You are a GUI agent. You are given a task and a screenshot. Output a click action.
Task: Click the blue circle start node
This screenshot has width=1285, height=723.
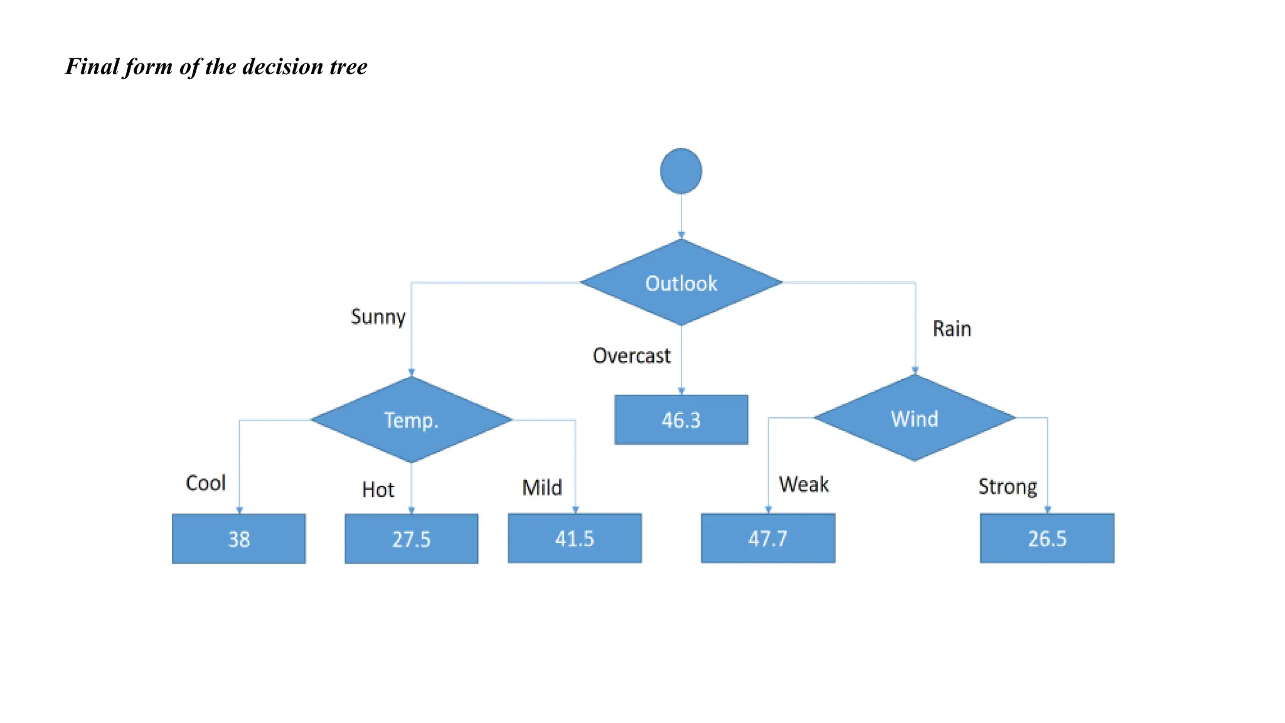point(681,171)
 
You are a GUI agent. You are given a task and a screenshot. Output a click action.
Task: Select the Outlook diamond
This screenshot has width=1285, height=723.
point(681,283)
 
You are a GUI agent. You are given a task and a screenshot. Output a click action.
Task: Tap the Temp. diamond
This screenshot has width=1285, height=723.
point(411,420)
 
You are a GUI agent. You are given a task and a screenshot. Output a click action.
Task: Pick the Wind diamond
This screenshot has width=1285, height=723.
point(914,418)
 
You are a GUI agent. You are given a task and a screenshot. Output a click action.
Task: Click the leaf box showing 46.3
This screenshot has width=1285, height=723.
point(681,420)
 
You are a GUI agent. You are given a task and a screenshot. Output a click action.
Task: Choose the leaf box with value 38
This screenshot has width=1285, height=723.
point(238,539)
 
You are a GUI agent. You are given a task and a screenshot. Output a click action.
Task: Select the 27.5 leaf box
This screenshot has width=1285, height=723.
point(411,539)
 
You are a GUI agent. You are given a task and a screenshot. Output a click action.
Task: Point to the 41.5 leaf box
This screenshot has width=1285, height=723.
point(574,538)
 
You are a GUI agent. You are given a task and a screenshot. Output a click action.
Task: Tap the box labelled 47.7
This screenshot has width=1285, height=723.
point(767,538)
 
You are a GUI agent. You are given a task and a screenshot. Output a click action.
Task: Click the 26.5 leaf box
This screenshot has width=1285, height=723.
point(1047,538)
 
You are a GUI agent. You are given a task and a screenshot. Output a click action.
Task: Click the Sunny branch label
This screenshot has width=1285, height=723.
point(378,317)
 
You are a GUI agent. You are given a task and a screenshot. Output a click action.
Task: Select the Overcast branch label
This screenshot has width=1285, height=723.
point(631,356)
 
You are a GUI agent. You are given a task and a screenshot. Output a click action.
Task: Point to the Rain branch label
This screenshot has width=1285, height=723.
point(951,329)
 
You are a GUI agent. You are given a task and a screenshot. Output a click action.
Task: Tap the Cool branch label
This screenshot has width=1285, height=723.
point(205,483)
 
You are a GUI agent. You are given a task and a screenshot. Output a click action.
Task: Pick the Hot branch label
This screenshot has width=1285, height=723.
point(378,490)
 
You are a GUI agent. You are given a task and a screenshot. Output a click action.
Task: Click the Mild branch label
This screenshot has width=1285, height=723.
point(541,488)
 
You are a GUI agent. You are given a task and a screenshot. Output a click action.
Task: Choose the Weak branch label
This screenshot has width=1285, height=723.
point(803,485)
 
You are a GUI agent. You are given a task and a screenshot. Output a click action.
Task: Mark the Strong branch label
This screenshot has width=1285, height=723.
point(1007,487)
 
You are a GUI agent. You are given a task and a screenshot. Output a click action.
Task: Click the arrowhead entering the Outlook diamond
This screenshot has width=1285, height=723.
point(681,235)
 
